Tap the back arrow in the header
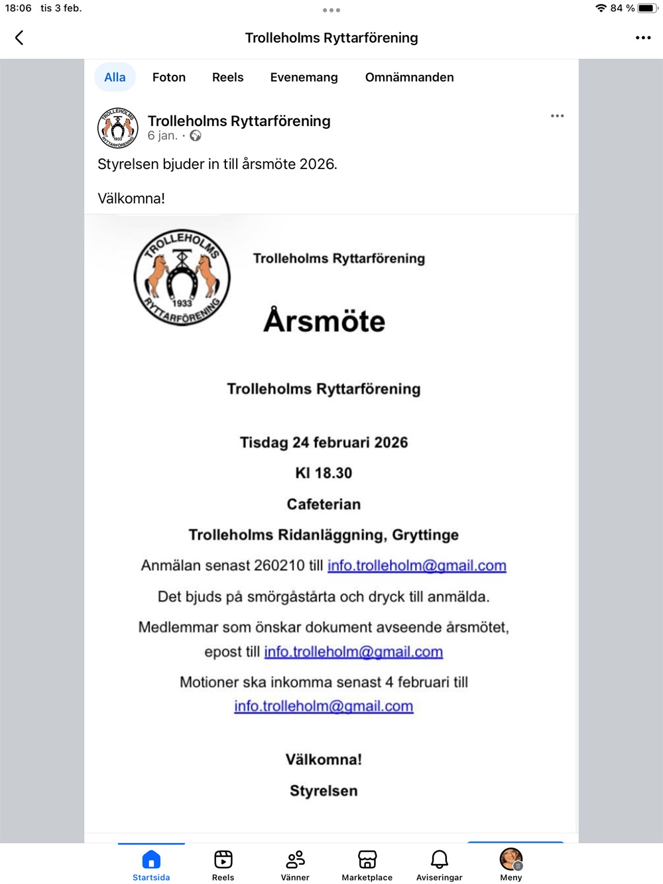pyautogui.click(x=19, y=38)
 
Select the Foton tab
pyautogui.click(x=169, y=78)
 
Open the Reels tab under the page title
pyautogui.click(x=227, y=78)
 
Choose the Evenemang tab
pyautogui.click(x=304, y=78)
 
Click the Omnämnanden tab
pyautogui.click(x=409, y=78)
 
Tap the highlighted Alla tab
pyautogui.click(x=115, y=78)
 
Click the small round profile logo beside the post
pyautogui.click(x=118, y=127)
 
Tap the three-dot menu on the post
pyautogui.click(x=557, y=116)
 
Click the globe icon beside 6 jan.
pyautogui.click(x=196, y=136)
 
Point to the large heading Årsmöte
pyautogui.click(x=324, y=321)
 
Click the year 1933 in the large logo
pyautogui.click(x=182, y=303)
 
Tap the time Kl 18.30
pyautogui.click(x=324, y=473)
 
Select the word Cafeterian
pyautogui.click(x=324, y=504)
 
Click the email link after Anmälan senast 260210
pyautogui.click(x=416, y=566)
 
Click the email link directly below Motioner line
pyautogui.click(x=324, y=706)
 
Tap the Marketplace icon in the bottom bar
pyautogui.click(x=367, y=859)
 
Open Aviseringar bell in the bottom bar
pyautogui.click(x=439, y=859)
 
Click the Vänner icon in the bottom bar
pyautogui.click(x=295, y=859)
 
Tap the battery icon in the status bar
pyautogui.click(x=647, y=9)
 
